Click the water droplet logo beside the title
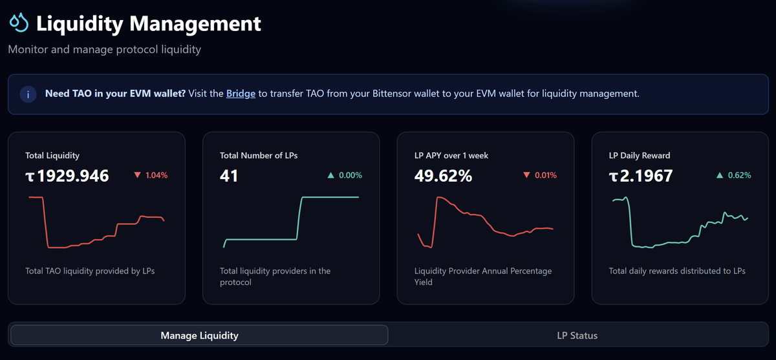coord(19,23)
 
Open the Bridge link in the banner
coord(241,94)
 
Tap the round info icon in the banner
coord(28,94)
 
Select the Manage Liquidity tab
coord(200,335)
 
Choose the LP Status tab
coord(577,335)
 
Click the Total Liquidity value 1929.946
coord(67,176)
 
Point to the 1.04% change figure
coord(156,175)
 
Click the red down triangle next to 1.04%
coord(138,175)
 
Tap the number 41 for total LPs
coord(229,176)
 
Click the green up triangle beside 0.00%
coord(331,175)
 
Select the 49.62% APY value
coord(443,176)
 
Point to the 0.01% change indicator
coord(546,175)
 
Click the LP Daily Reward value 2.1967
coord(641,176)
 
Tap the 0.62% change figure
coord(739,175)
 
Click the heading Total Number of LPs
coord(259,155)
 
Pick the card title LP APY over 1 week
coord(451,155)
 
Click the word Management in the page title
coord(195,23)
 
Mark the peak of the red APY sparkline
coord(438,197)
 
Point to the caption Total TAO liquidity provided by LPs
coord(90,271)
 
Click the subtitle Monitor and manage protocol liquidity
coord(105,49)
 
